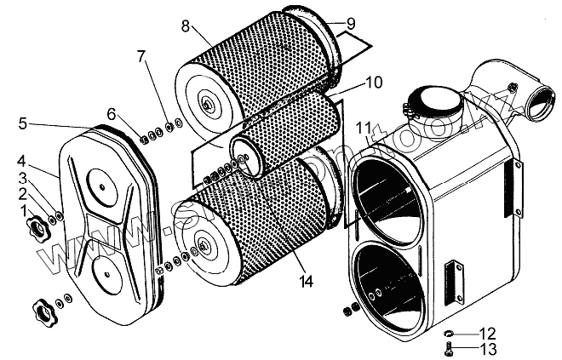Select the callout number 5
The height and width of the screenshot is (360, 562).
(22, 123)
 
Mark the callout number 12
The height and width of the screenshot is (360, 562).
(486, 331)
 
